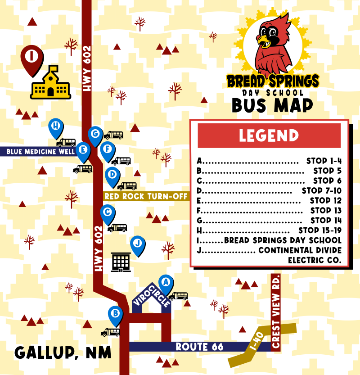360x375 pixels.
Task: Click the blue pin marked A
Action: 166,283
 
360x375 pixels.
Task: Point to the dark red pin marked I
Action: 32,58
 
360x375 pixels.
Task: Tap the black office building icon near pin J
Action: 121,262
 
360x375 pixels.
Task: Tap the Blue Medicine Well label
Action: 38,152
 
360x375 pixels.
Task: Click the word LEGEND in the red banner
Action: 269,136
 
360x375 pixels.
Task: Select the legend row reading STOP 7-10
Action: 269,191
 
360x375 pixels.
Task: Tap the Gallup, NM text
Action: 63,352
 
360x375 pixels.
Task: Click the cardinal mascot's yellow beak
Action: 264,42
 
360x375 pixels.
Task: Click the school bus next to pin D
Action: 127,186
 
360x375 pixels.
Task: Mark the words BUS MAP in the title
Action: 272,105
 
